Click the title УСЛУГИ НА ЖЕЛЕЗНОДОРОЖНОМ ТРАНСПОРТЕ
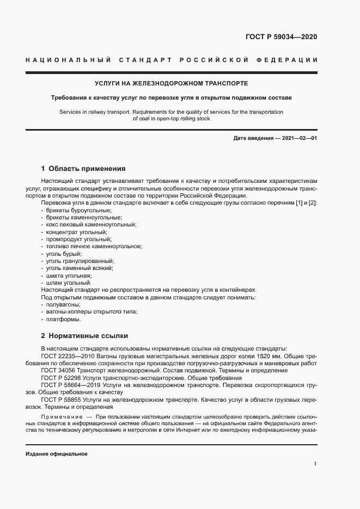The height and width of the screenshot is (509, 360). [171, 83]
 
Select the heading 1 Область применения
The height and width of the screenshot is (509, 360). [83, 168]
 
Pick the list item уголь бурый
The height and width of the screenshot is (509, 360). [64, 254]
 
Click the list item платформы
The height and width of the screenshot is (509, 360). [64, 319]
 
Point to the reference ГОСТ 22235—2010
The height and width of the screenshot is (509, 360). [68, 355]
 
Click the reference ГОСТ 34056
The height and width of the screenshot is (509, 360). [58, 370]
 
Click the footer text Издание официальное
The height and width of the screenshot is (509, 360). [56, 453]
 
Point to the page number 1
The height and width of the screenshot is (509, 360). [315, 463]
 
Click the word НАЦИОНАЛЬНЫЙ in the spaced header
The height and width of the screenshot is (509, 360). [68, 59]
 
